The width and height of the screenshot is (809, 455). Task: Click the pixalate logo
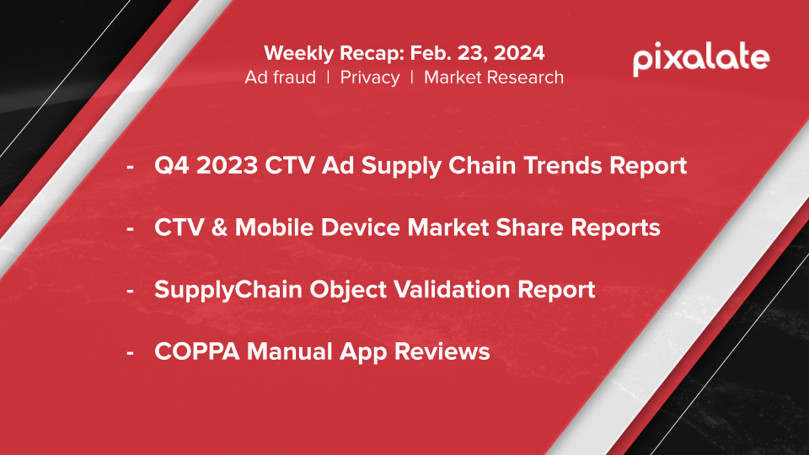[700, 59]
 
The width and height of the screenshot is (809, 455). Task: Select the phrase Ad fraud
[280, 78]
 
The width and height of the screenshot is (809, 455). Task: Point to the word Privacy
[370, 78]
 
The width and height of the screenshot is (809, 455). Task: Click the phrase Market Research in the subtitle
[494, 78]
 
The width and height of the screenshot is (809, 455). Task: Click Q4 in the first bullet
[172, 166]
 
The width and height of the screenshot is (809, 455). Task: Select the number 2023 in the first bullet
[227, 166]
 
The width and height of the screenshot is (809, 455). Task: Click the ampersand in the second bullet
[219, 227]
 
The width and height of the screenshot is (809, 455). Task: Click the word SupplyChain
[228, 290]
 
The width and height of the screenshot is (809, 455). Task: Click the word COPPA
[197, 352]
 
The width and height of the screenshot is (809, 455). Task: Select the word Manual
[289, 352]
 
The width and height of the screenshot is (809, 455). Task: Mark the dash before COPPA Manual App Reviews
[130, 353]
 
